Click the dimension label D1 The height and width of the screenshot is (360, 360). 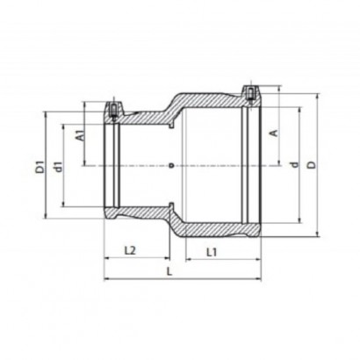point(40,166)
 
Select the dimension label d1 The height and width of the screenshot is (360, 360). point(59,166)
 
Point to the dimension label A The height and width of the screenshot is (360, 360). point(274,133)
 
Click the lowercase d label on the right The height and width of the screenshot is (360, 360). point(295,164)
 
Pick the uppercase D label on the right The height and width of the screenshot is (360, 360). point(313,165)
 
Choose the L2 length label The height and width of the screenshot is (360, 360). point(130,250)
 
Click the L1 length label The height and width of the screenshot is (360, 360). point(212,252)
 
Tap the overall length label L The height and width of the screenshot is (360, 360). point(169,272)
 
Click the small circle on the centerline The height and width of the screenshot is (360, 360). point(172,165)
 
